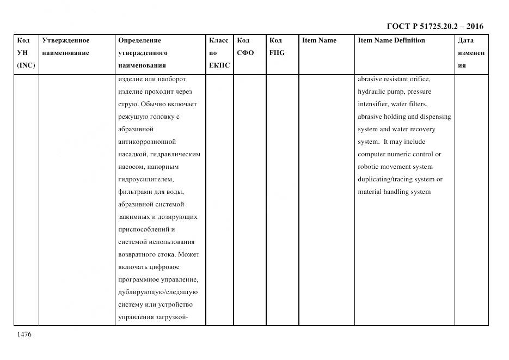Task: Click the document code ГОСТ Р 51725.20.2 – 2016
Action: (435, 26)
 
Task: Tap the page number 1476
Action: (24, 334)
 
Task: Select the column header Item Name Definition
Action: (391, 40)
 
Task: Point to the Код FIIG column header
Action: (277, 46)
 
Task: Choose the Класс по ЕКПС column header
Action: (219, 53)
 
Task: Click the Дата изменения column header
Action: (471, 53)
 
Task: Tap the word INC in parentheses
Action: (26, 65)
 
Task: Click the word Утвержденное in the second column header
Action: (66, 40)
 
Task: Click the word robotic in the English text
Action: (369, 167)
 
